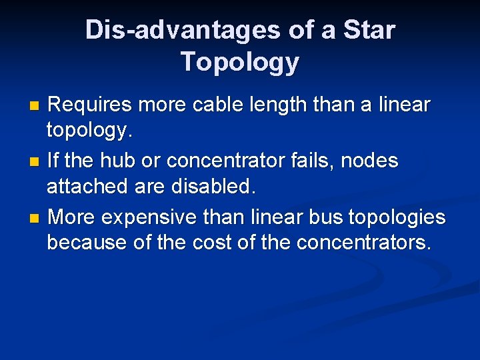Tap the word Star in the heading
coord(369,30)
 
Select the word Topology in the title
coord(240,62)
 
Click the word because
coord(87,243)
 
